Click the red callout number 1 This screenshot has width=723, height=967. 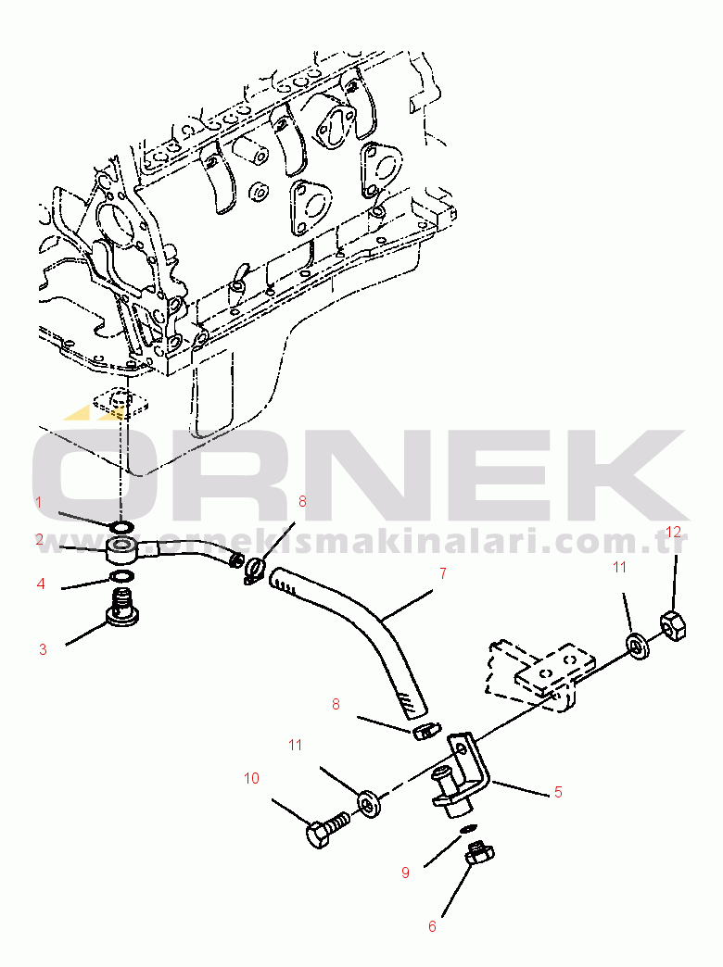click(39, 503)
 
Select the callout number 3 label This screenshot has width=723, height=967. click(43, 650)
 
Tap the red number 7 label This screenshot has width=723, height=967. click(442, 574)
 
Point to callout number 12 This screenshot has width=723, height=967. click(674, 532)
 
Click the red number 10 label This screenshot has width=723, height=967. click(251, 779)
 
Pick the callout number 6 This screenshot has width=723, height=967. click(432, 925)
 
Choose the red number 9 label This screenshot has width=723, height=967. click(405, 873)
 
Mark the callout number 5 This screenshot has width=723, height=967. click(558, 792)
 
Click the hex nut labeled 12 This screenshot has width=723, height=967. click(674, 628)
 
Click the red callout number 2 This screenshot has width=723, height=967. click(39, 539)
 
